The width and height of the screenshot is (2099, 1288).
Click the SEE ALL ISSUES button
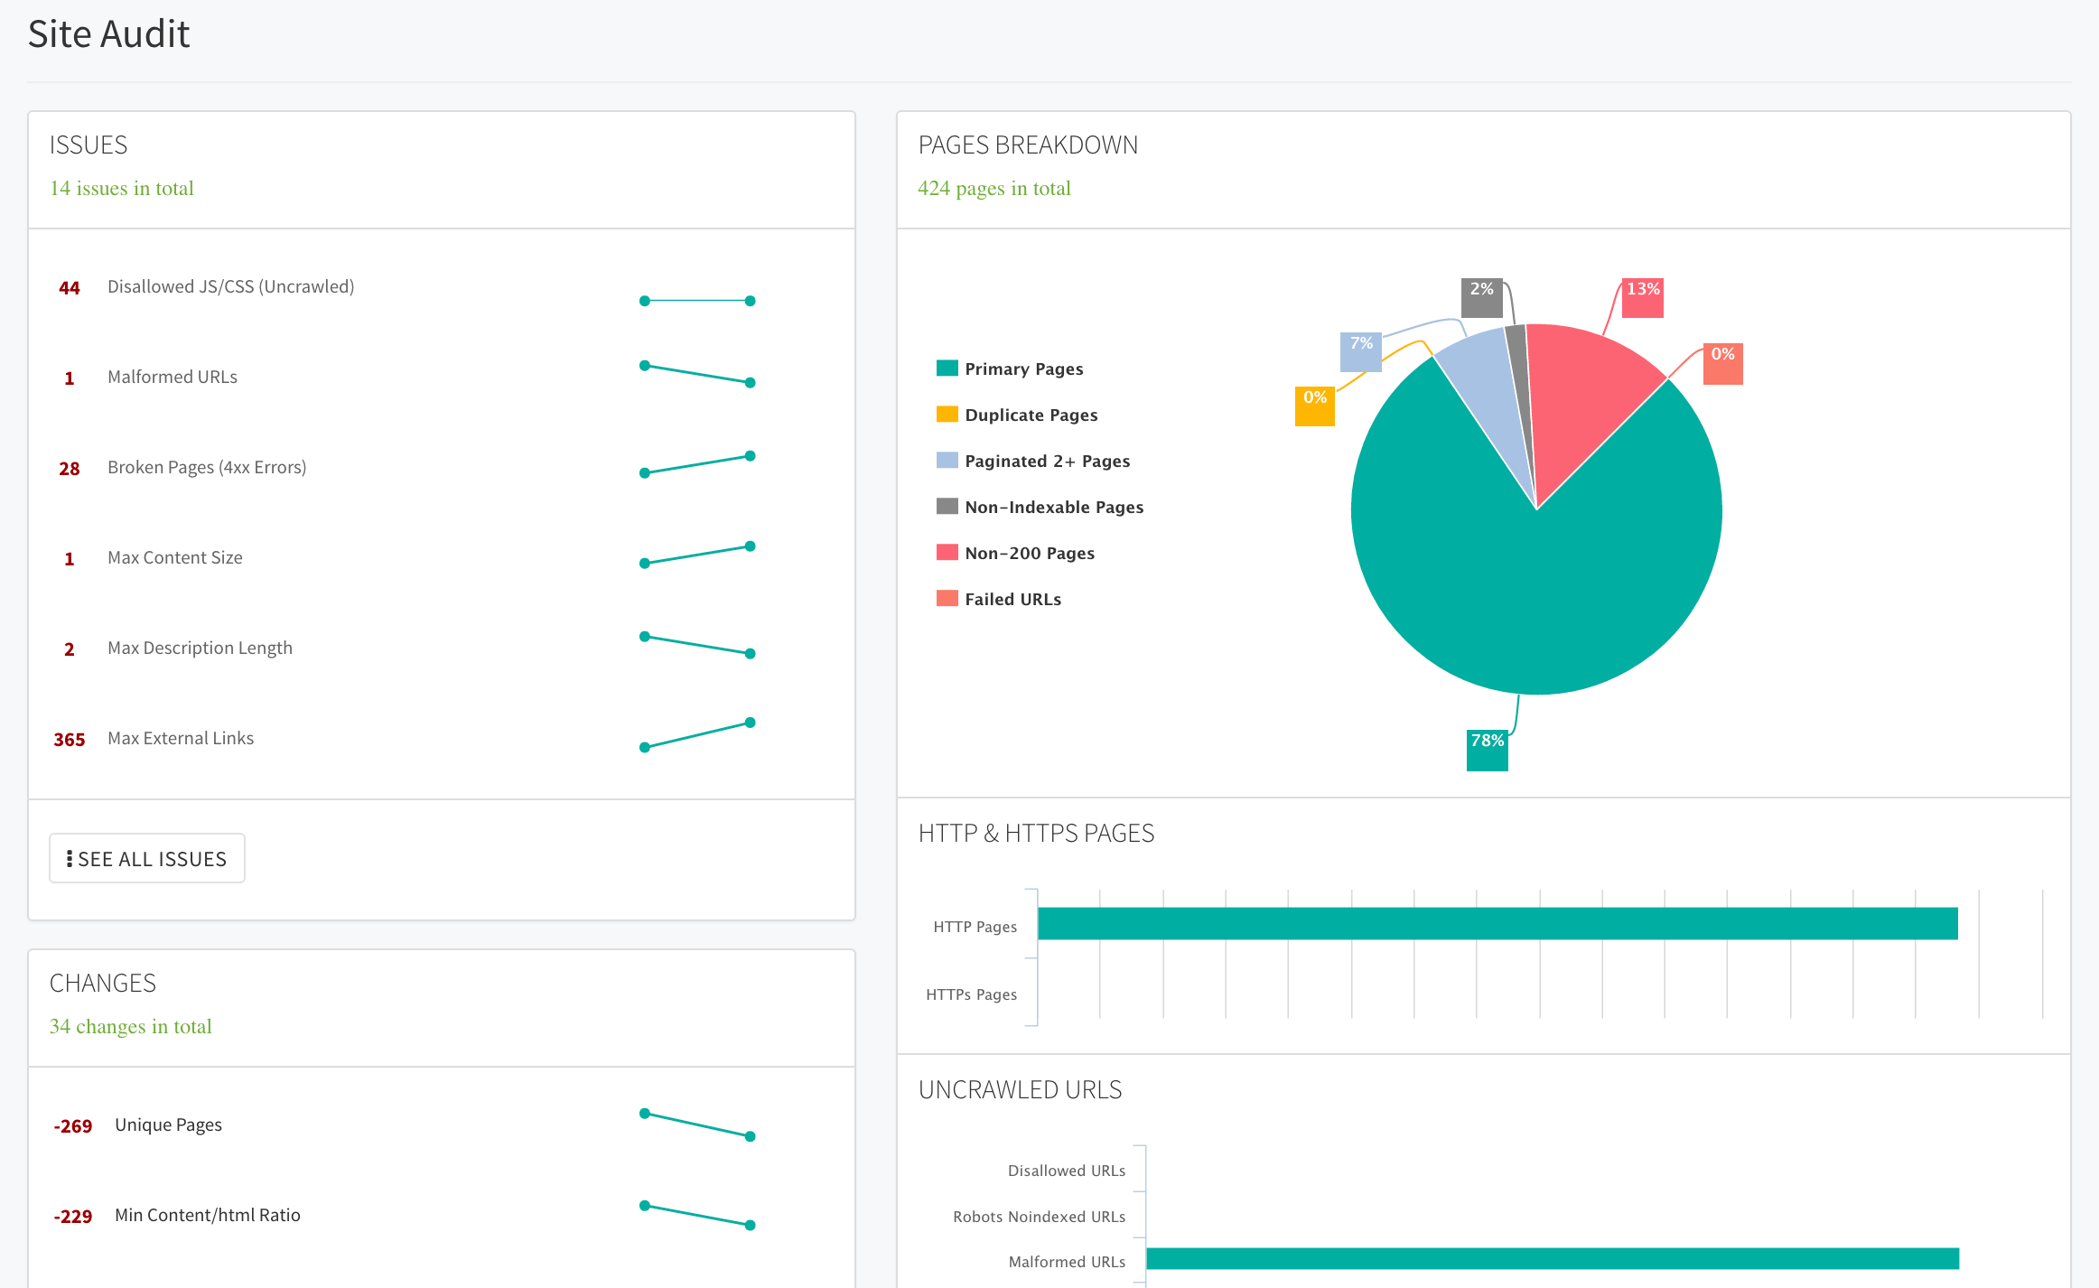pyautogui.click(x=147, y=858)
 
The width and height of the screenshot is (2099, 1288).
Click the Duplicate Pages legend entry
pyautogui.click(x=1030, y=415)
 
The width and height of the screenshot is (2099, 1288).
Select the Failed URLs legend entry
pyautogui.click(x=1012, y=599)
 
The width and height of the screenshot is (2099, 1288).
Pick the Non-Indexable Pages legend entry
pyautogui.click(x=1053, y=507)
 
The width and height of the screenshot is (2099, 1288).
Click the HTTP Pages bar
pyautogui.click(x=1497, y=923)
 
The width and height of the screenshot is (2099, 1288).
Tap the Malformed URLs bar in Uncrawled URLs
pyautogui.click(x=1552, y=1258)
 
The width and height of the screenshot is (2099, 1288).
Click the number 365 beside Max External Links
pyautogui.click(x=69, y=740)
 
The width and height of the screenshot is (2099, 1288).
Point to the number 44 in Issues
pyautogui.click(x=69, y=288)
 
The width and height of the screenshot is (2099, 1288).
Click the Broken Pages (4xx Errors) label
pyautogui.click(x=207, y=467)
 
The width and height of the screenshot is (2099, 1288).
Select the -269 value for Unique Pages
pyautogui.click(x=72, y=1126)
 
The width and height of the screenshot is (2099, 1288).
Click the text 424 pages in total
pyautogui.click(x=994, y=188)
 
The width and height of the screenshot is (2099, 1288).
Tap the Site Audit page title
pyautogui.click(x=108, y=34)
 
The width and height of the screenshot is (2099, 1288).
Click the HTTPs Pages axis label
pyautogui.click(x=971, y=994)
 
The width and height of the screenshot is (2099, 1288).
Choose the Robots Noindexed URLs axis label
pyautogui.click(x=1039, y=1217)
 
